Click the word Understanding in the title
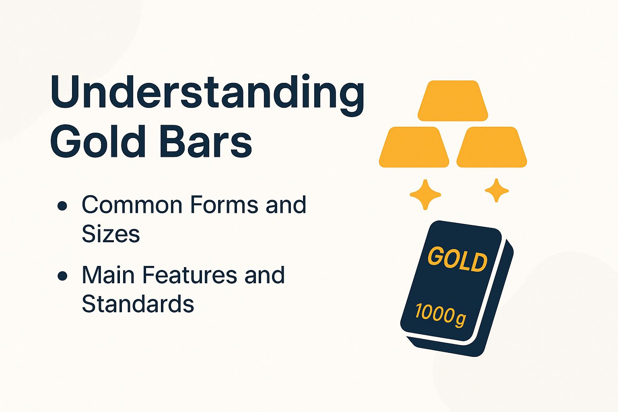tap(207, 93)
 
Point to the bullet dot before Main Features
tap(62, 276)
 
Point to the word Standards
tap(138, 304)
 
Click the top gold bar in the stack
tap(453, 101)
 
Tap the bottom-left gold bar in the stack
tap(414, 147)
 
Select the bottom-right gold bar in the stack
tap(492, 147)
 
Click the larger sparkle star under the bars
tap(425, 195)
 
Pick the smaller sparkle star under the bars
tap(496, 190)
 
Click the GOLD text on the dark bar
tap(457, 259)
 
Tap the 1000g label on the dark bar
tap(440, 313)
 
